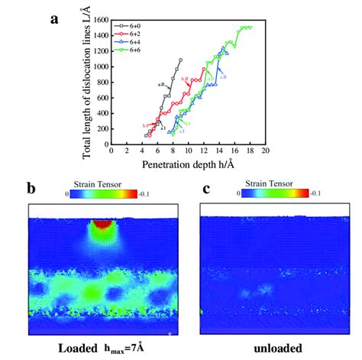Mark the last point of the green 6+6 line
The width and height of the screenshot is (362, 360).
click(249, 28)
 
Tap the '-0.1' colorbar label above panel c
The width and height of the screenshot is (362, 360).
click(308, 195)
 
